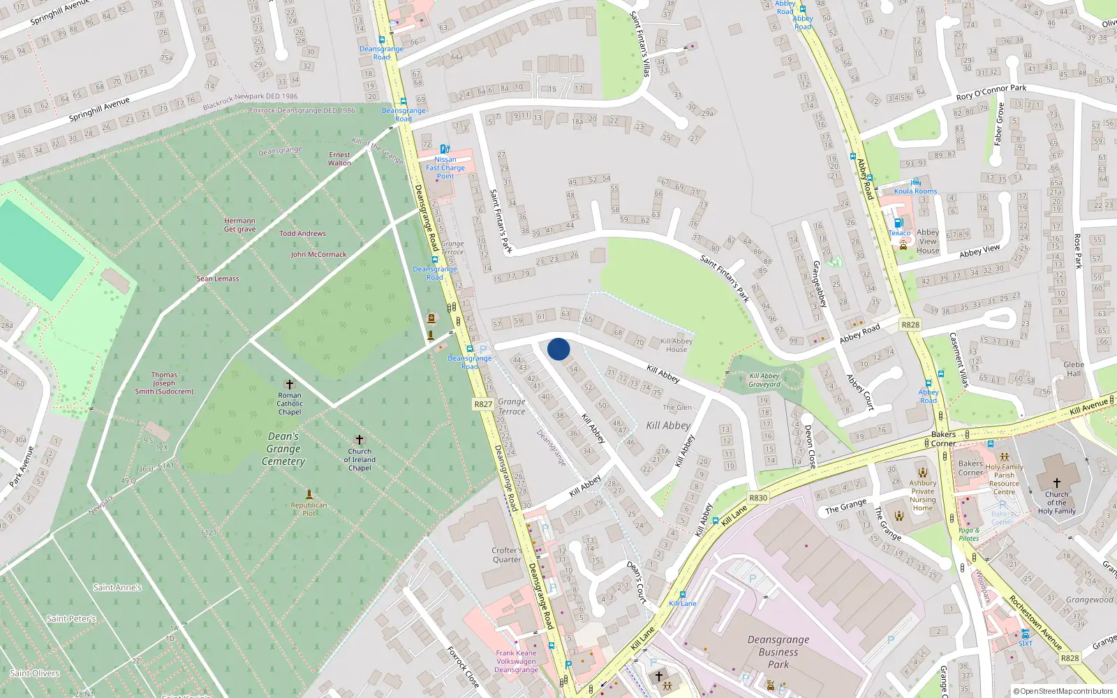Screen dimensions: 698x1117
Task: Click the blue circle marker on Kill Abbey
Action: pyautogui.click(x=558, y=349)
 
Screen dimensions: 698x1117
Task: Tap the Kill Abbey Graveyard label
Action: pyautogui.click(x=764, y=380)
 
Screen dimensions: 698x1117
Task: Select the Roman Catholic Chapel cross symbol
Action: pyautogui.click(x=289, y=385)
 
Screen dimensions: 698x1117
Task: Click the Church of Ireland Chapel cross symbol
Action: pyautogui.click(x=360, y=440)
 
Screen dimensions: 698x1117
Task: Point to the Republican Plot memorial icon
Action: pyautogui.click(x=309, y=493)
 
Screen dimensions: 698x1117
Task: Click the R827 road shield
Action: pyautogui.click(x=483, y=403)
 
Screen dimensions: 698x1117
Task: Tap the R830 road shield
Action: pyautogui.click(x=757, y=498)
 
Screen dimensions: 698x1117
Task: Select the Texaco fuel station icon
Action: pyautogui.click(x=898, y=223)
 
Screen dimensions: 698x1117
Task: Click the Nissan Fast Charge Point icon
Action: pyautogui.click(x=445, y=149)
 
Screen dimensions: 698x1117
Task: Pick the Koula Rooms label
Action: pyautogui.click(x=915, y=191)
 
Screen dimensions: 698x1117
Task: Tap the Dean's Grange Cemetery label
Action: pyautogui.click(x=283, y=449)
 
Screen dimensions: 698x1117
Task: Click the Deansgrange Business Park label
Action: pyautogui.click(x=778, y=652)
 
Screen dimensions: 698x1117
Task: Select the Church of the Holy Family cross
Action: pyautogui.click(x=1056, y=482)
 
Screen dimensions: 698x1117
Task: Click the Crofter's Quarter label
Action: pyautogui.click(x=507, y=555)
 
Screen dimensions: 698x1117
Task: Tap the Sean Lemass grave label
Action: pyautogui.click(x=218, y=279)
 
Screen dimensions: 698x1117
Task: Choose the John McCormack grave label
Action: pyautogui.click(x=318, y=254)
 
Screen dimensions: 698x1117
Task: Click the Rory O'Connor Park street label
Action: pyautogui.click(x=991, y=92)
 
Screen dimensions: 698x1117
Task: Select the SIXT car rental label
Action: pyautogui.click(x=1025, y=643)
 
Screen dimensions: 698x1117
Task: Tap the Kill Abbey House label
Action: pyautogui.click(x=676, y=345)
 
